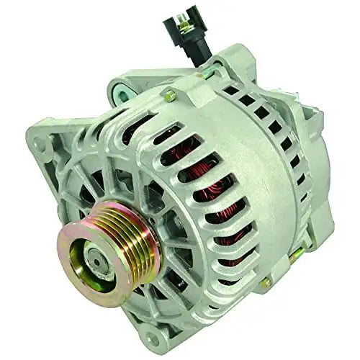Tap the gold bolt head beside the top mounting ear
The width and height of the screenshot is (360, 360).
coord(169,94)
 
